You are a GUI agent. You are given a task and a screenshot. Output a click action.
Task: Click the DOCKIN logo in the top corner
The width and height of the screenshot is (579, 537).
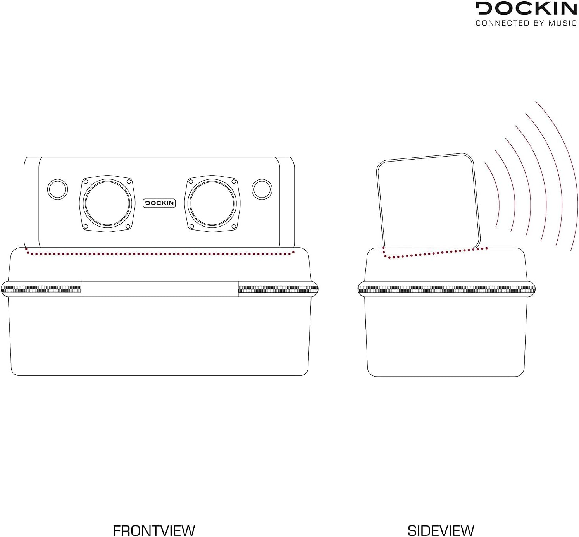526,8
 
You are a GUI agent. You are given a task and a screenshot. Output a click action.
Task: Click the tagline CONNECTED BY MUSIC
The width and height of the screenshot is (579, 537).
526,23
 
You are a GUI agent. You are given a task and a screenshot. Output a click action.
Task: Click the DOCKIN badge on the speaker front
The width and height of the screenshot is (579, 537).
159,203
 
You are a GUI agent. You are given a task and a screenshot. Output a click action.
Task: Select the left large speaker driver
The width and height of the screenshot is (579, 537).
107,203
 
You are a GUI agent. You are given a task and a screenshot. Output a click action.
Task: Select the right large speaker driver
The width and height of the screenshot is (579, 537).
212,203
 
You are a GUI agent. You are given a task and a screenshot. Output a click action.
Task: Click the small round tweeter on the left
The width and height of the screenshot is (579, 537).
58,189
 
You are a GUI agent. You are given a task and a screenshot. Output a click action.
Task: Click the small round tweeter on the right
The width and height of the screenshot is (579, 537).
262,189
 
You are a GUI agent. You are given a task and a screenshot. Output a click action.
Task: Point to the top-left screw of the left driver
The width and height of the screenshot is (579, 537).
86,182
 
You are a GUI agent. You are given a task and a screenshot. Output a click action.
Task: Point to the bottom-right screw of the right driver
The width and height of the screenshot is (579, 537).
234,226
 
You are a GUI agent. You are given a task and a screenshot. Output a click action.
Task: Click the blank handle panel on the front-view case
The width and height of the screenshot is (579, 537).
159,289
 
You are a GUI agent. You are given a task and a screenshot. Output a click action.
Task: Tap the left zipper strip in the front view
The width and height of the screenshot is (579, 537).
41,289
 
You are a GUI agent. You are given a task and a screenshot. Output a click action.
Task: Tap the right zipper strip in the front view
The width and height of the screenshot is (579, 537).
278,289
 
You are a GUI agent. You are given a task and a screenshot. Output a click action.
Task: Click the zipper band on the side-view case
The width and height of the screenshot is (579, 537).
446,289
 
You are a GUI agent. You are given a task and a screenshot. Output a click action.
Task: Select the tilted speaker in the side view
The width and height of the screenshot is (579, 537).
428,201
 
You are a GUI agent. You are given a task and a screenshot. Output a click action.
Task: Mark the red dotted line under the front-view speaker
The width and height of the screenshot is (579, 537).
159,254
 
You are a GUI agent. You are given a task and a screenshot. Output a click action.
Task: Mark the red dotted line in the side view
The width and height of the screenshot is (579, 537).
434,253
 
